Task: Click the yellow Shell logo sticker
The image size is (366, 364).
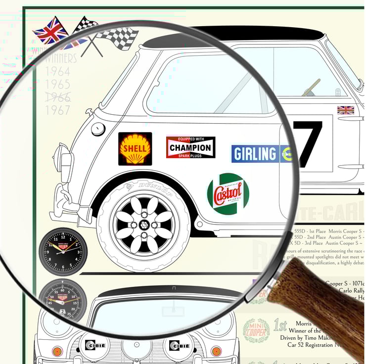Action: coord(135,148)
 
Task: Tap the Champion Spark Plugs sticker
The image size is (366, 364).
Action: coord(190,147)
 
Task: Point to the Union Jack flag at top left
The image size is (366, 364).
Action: coord(51,31)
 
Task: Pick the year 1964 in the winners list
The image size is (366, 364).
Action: coord(58,72)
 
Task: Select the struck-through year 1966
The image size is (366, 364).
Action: coord(58,97)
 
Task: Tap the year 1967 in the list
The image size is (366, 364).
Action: coord(58,110)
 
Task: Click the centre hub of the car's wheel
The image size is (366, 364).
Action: coord(144,225)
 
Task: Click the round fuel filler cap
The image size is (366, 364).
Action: coord(98,129)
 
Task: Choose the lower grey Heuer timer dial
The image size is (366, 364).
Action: coord(62,299)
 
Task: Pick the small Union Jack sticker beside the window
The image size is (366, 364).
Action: coord(345,110)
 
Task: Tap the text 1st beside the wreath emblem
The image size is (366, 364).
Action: coord(280,325)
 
